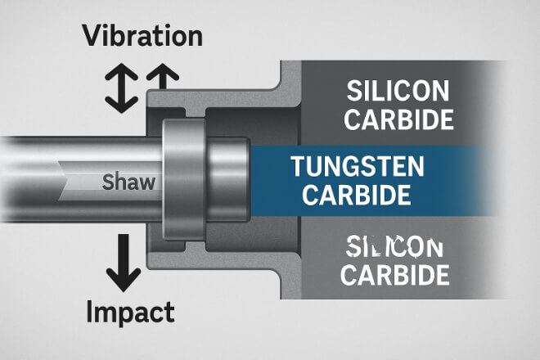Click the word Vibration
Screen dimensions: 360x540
tap(143, 36)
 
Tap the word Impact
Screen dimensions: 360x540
tap(131, 312)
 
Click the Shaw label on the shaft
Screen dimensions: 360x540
tap(128, 182)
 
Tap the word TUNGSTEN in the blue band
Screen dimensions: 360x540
tap(358, 168)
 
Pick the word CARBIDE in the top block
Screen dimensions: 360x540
tap(398, 119)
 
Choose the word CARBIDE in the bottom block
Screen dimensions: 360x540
tap(395, 274)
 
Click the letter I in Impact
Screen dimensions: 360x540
tap(91, 312)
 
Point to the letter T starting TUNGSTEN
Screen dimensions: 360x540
tap(298, 168)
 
